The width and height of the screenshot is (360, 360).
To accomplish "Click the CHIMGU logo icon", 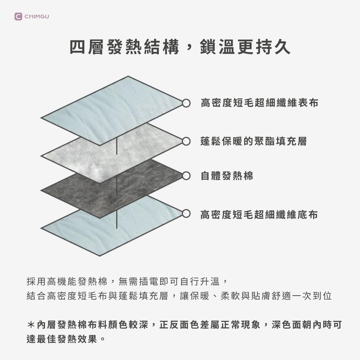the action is click(x=18, y=17).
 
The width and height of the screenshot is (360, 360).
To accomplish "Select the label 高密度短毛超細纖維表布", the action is click(x=259, y=103).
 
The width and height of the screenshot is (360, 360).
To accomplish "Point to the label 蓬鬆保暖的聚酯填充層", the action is click(x=253, y=141).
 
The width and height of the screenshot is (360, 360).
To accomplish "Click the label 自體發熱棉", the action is click(x=227, y=176).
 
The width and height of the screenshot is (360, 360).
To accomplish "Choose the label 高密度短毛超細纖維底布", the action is click(x=259, y=215).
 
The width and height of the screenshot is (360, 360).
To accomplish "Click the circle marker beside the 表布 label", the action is click(x=186, y=103).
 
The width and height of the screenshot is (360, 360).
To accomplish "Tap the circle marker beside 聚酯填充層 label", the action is click(x=186, y=141).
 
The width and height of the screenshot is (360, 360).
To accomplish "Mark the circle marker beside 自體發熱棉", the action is click(x=186, y=176).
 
